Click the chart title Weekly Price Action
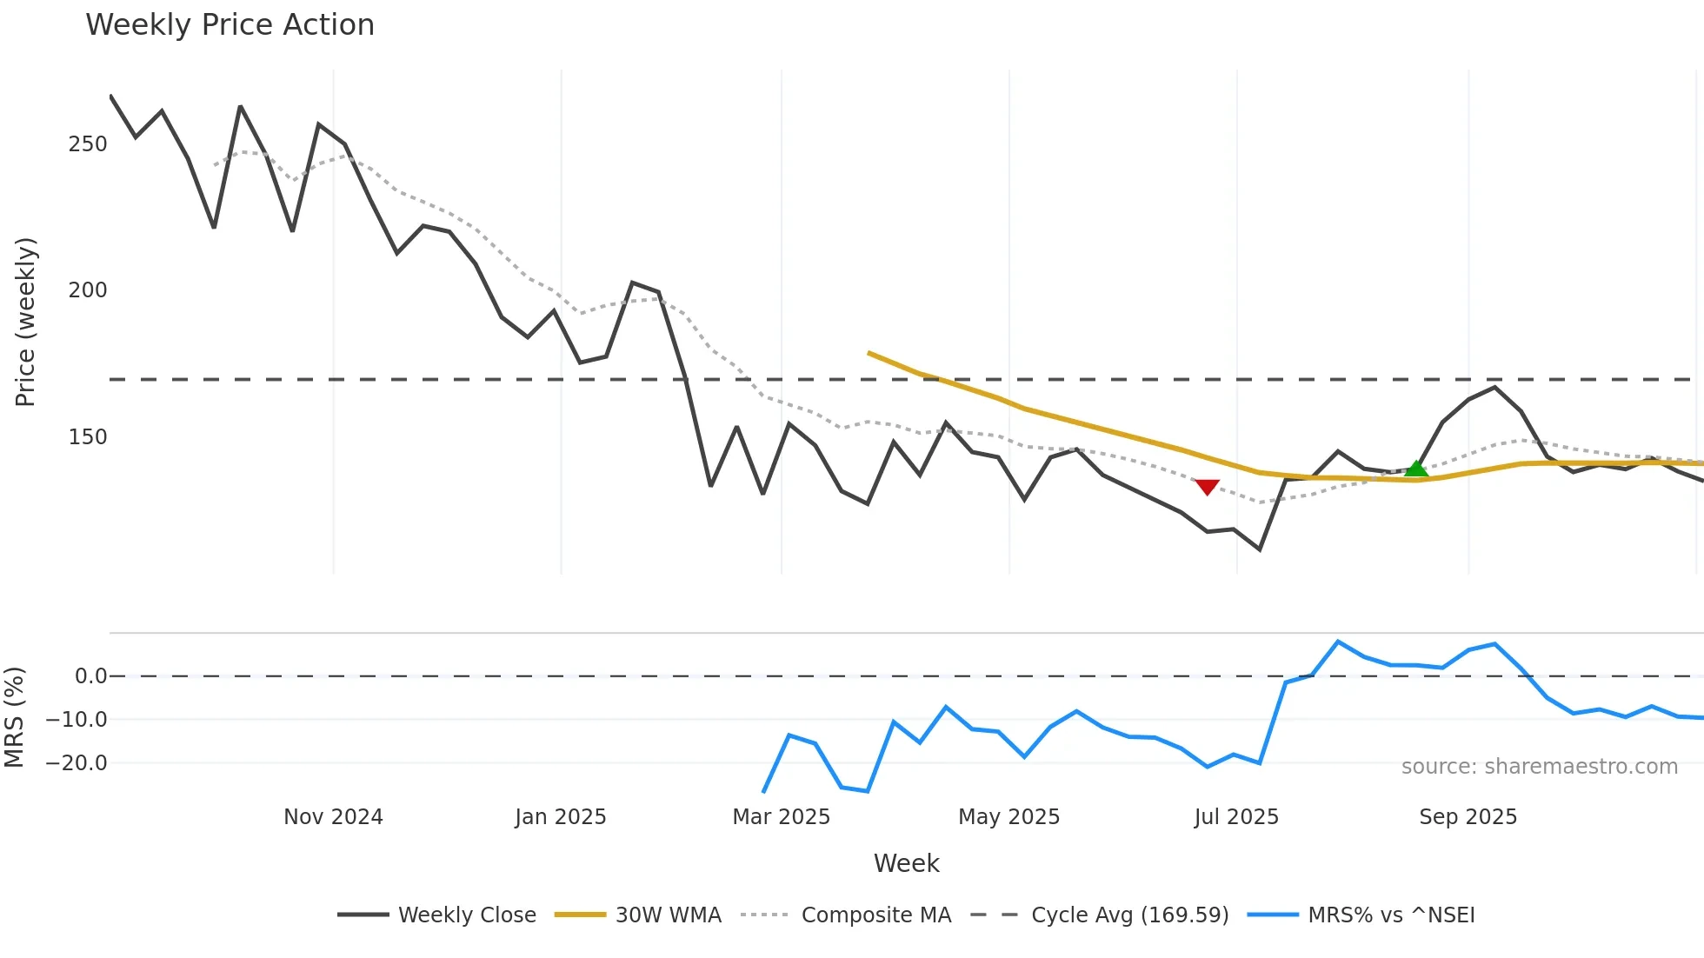230,25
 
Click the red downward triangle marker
1207,487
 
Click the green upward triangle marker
1416,469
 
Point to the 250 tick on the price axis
88,144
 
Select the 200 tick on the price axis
88,290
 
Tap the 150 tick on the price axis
88,437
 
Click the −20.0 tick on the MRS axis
77,763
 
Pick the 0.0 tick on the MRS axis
90,676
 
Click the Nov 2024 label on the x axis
333,817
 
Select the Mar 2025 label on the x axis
781,817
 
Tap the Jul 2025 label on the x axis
1236,817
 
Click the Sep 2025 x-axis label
1468,817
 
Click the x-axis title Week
906,863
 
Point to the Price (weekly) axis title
26,322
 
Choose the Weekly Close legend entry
467,915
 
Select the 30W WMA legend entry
668,915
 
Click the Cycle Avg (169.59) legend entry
1129,915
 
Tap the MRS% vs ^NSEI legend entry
1391,915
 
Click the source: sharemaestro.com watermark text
1539,767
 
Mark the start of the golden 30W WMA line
869,353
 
